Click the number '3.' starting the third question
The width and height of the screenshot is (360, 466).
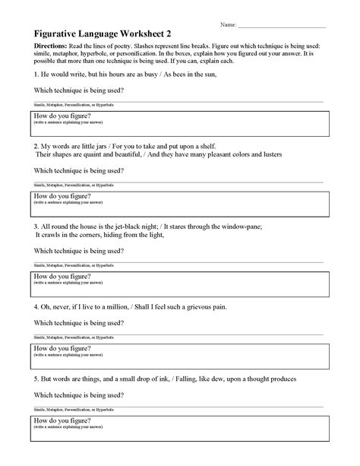[36, 227]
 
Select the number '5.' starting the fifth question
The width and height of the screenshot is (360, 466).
[36, 376]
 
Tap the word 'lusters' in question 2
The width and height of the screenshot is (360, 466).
[268, 154]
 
